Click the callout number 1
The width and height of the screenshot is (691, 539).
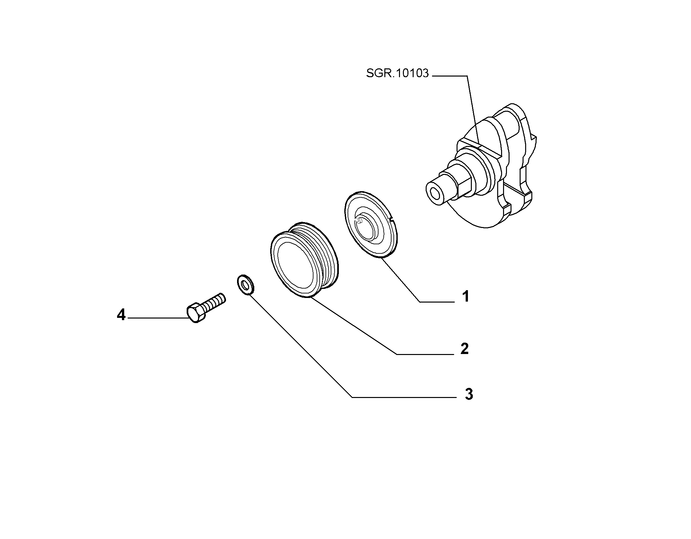click(466, 297)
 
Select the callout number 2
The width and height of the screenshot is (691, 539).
click(465, 349)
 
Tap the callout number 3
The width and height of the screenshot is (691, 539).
click(469, 394)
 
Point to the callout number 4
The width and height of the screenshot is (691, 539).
click(121, 315)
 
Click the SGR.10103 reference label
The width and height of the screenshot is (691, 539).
click(397, 73)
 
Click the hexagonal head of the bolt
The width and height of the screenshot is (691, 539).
click(195, 313)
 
